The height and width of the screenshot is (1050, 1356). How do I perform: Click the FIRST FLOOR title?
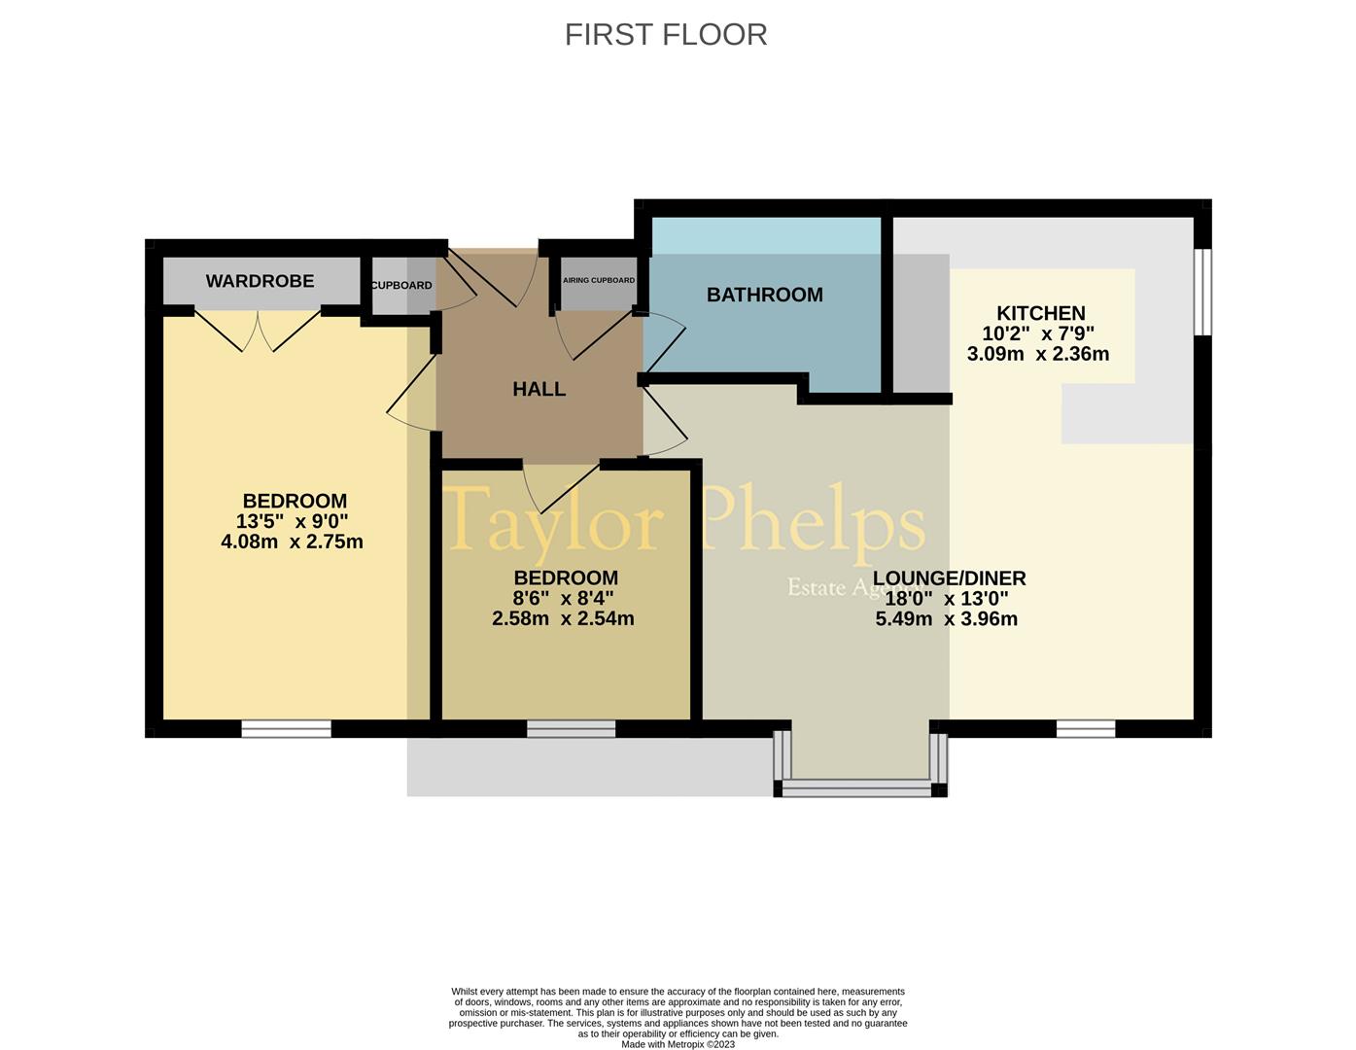tap(665, 35)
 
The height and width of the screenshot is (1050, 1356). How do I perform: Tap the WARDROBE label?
tap(260, 281)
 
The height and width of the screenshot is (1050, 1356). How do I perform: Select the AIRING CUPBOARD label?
tap(599, 280)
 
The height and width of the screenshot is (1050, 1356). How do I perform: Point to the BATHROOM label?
tap(764, 295)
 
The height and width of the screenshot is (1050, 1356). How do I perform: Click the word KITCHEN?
tap(1040, 312)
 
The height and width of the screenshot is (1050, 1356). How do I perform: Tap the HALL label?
tap(539, 389)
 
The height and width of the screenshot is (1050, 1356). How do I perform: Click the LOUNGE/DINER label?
tap(949, 578)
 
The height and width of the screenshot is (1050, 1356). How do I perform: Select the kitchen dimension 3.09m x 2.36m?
tap(1038, 354)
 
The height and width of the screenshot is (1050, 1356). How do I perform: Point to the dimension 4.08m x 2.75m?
tap(292, 542)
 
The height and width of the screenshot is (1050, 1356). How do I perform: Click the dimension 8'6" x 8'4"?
tap(563, 598)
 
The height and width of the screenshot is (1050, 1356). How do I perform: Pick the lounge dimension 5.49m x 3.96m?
tap(947, 619)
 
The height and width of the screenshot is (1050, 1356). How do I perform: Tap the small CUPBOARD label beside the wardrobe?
tap(401, 285)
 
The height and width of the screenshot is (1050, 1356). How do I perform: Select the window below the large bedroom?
tap(286, 729)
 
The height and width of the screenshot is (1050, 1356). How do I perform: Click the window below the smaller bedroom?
tap(571, 729)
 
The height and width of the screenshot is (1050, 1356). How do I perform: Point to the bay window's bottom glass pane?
tap(856, 788)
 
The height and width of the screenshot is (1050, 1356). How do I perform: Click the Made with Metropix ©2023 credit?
tap(678, 1044)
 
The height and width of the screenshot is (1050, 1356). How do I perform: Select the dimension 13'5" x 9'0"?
tap(292, 521)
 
